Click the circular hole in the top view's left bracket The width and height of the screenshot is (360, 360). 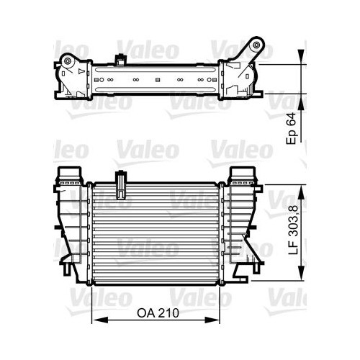(66, 64)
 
